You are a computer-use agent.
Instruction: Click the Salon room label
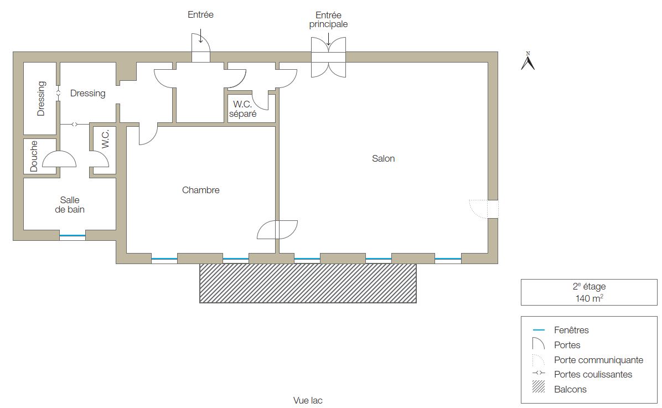coord(384,158)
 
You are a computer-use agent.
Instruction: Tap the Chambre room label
coord(200,190)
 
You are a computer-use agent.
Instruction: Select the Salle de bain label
coord(70,205)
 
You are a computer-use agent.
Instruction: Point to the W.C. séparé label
coord(243,109)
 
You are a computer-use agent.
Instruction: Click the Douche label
coord(34,156)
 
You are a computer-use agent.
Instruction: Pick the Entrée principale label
coord(328,20)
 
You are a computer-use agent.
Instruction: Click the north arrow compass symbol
coord(527,61)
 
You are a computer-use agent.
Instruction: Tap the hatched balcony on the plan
coord(308,283)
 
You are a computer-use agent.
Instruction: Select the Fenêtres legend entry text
coord(571,330)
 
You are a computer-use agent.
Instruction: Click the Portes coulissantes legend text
coord(593,375)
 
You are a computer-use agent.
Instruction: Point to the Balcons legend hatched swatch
coord(539,387)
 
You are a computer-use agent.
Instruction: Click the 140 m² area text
coord(589,298)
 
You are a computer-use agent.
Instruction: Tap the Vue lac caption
coord(308,400)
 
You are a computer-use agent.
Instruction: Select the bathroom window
coord(72,236)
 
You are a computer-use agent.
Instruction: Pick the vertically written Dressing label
coord(41,99)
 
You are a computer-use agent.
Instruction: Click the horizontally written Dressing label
coord(88,94)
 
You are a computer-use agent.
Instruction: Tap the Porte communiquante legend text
coord(599,360)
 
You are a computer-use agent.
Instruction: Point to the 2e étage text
coord(589,286)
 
